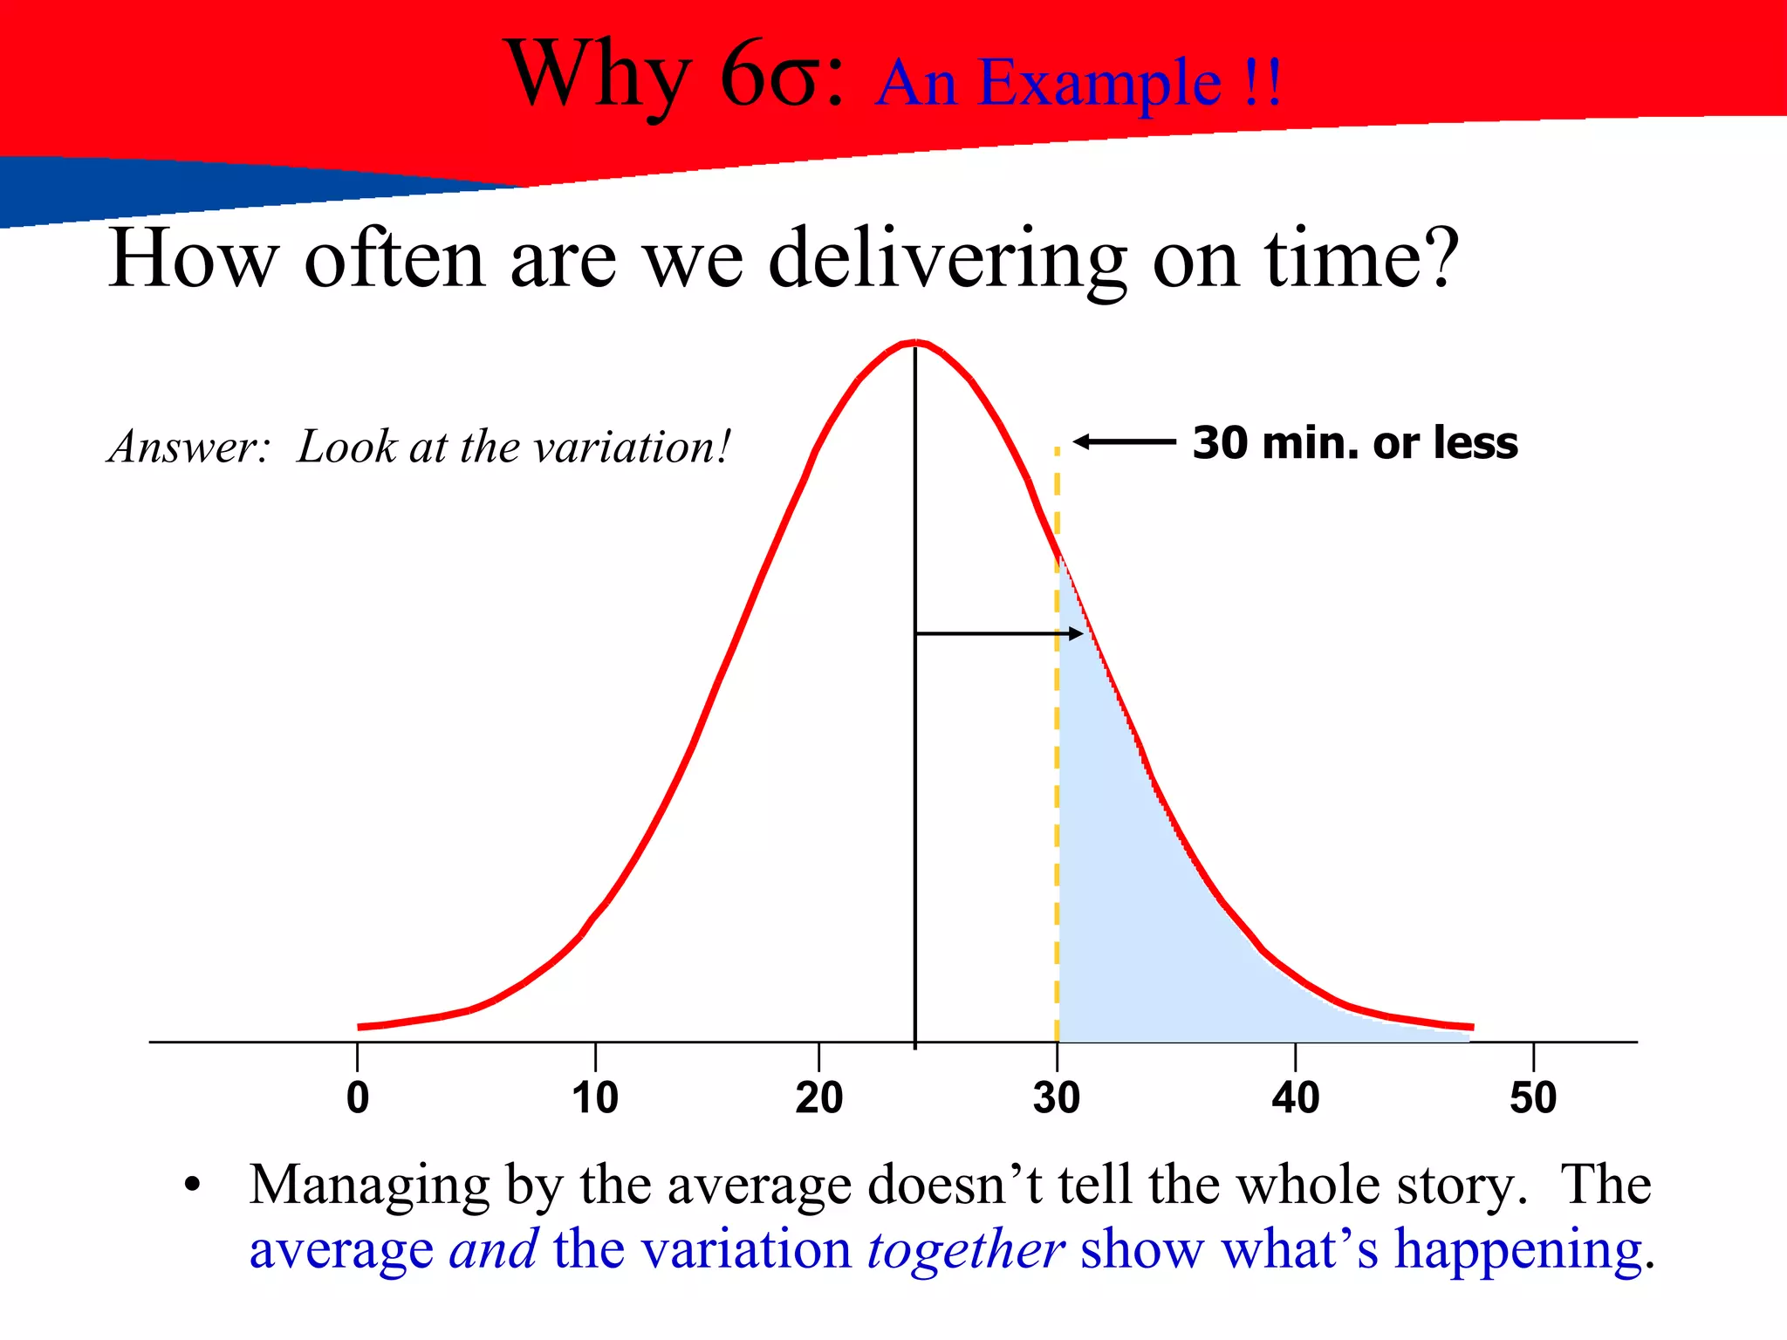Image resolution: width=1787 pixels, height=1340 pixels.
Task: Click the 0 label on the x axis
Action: tap(358, 1097)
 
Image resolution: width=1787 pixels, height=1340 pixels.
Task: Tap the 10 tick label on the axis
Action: tap(595, 1097)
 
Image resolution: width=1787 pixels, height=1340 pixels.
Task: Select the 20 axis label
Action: tap(818, 1097)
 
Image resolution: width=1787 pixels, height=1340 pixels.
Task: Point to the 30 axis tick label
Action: tap(1057, 1097)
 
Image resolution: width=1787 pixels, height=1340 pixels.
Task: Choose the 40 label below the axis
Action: tap(1295, 1097)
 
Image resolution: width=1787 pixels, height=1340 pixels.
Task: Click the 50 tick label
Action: tap(1533, 1097)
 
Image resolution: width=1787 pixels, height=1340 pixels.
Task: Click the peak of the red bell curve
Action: tap(915, 343)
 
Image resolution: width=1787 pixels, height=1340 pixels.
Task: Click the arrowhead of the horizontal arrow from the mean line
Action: tap(1076, 634)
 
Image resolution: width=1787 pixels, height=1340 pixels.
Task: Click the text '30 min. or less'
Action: tap(1355, 443)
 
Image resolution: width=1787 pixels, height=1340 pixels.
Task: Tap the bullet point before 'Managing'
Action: tap(193, 1186)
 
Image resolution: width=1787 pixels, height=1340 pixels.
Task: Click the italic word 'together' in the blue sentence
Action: tap(965, 1249)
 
